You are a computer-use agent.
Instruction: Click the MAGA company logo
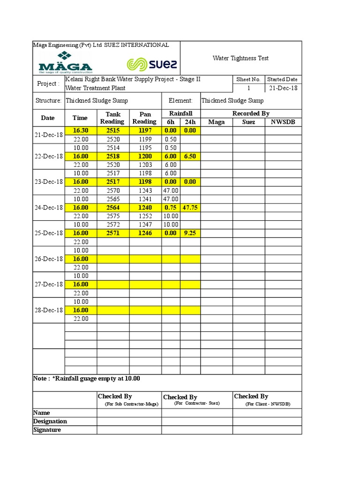(65, 62)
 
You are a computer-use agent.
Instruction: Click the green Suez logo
(152, 64)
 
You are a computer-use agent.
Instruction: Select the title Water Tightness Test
(240, 58)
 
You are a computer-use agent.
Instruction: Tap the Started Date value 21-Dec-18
(283, 88)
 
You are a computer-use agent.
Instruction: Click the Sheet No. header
(248, 79)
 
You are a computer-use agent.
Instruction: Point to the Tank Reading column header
(112, 118)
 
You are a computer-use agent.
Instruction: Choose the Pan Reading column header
(145, 118)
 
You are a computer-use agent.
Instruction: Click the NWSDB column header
(283, 122)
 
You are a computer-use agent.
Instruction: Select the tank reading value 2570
(113, 190)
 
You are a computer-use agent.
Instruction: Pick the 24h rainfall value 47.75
(190, 208)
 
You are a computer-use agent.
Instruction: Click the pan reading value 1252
(145, 216)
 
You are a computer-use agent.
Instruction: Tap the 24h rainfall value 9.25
(190, 233)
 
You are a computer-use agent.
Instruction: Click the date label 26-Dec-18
(48, 259)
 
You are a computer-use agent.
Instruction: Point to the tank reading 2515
(113, 130)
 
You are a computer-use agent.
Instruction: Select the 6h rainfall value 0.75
(171, 208)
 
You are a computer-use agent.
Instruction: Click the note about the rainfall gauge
(87, 379)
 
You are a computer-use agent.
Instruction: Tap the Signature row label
(47, 430)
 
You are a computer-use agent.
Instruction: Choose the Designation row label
(50, 421)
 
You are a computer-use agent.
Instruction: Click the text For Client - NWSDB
(268, 404)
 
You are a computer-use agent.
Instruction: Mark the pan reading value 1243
(145, 190)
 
